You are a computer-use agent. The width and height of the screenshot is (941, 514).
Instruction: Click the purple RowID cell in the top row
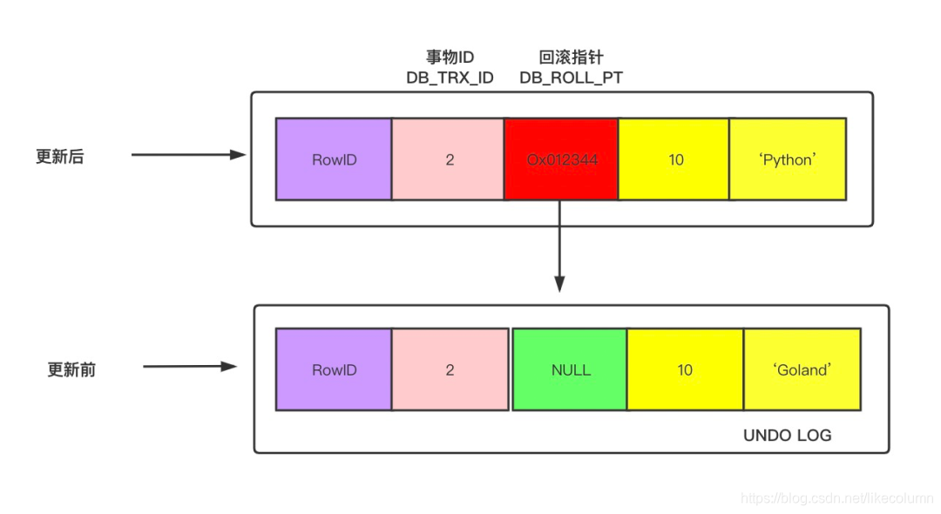[x=334, y=159]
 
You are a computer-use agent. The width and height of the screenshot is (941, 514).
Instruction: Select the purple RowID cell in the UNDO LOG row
[x=334, y=369]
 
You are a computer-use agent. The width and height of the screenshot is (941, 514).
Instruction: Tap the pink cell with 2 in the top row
[x=449, y=159]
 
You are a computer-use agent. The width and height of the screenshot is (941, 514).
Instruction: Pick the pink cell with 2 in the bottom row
[x=450, y=369]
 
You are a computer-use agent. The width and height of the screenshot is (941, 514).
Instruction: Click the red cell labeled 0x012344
[x=561, y=159]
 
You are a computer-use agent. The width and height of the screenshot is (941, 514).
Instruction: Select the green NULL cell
[x=570, y=369]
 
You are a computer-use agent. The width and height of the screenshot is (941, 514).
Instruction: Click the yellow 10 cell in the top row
[x=674, y=159]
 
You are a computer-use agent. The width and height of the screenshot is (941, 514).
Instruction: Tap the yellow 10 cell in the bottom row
[x=685, y=369]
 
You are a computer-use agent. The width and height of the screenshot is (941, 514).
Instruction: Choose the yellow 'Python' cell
[x=788, y=159]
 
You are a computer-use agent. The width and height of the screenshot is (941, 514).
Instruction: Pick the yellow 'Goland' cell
[x=802, y=369]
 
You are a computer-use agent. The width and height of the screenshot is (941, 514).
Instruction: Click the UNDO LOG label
[x=787, y=435]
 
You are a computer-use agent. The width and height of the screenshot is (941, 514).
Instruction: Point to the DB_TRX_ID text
[x=450, y=78]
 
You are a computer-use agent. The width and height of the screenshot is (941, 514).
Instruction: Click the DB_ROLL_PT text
[x=571, y=78]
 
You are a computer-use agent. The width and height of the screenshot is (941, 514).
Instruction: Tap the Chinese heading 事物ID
[x=450, y=57]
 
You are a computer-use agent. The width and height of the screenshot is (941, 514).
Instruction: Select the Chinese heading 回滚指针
[x=571, y=57]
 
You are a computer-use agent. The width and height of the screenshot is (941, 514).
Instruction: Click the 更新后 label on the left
[x=59, y=157]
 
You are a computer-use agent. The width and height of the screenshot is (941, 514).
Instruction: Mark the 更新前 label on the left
[x=71, y=369]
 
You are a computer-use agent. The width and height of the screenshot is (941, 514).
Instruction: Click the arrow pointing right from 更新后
[x=188, y=155]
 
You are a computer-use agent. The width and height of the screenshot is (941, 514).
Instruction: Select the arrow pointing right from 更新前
[x=190, y=367]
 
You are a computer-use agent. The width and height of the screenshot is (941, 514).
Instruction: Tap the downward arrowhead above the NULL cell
[x=559, y=284]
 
